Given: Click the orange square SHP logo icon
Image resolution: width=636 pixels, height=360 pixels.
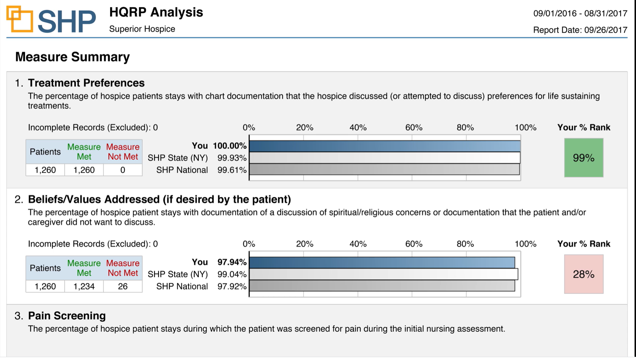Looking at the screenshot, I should (x=20, y=19).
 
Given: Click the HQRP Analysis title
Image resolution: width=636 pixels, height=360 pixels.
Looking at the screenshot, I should (x=156, y=12).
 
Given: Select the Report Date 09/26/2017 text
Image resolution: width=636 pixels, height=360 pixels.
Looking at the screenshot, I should (x=580, y=30).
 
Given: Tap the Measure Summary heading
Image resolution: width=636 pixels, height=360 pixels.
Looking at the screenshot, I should (x=72, y=57).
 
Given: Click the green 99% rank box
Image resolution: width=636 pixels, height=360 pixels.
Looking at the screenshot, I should (x=583, y=158).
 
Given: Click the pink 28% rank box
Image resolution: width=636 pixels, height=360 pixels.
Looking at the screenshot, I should (x=583, y=274).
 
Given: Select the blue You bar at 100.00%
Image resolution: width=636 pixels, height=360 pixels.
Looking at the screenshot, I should (x=384, y=146).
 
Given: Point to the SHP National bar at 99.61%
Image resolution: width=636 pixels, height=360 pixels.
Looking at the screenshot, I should (x=384, y=169).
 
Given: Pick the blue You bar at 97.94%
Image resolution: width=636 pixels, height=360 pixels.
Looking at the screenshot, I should (x=382, y=262).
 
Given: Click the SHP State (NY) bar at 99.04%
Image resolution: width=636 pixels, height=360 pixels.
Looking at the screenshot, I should (x=383, y=274).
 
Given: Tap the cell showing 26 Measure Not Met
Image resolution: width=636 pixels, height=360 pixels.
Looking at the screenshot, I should (x=123, y=286).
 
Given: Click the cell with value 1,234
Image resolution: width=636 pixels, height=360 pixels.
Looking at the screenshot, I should (x=84, y=286).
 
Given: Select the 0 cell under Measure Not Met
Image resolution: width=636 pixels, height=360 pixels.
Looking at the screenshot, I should (x=123, y=170).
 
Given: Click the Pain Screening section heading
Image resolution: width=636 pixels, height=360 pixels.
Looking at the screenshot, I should (x=67, y=316).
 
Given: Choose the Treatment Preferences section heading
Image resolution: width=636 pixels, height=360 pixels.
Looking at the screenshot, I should (x=86, y=83).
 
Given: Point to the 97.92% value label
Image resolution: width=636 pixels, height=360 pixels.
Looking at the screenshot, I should (x=232, y=286).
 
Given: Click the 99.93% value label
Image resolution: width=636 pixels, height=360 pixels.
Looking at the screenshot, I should (x=232, y=158).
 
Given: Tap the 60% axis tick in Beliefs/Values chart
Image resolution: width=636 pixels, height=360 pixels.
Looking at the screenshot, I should (x=414, y=244).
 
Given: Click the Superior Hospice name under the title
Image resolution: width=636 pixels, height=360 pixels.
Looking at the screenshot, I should (x=142, y=29).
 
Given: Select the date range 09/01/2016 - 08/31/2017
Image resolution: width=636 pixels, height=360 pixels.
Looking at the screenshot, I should (x=580, y=14).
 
